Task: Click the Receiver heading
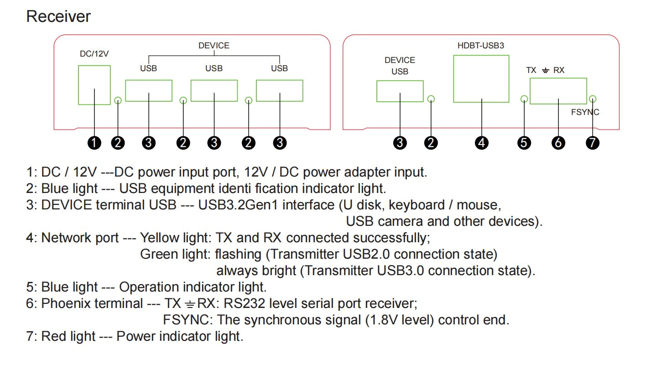tap(58, 16)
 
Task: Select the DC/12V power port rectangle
tap(94, 85)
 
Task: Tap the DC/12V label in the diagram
tap(94, 54)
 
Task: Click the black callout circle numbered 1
tap(94, 143)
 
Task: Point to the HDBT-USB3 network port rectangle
tap(481, 79)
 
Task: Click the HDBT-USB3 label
tap(481, 46)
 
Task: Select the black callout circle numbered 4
tap(481, 143)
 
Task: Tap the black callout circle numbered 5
tap(524, 143)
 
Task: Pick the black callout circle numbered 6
tap(558, 143)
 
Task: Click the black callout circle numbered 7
tap(592, 143)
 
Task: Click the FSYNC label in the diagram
tap(585, 112)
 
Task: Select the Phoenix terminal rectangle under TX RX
tap(558, 91)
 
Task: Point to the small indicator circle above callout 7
tap(593, 99)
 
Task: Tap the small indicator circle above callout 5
tap(524, 99)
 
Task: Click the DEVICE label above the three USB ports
tap(214, 46)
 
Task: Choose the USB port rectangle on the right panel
tap(400, 91)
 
